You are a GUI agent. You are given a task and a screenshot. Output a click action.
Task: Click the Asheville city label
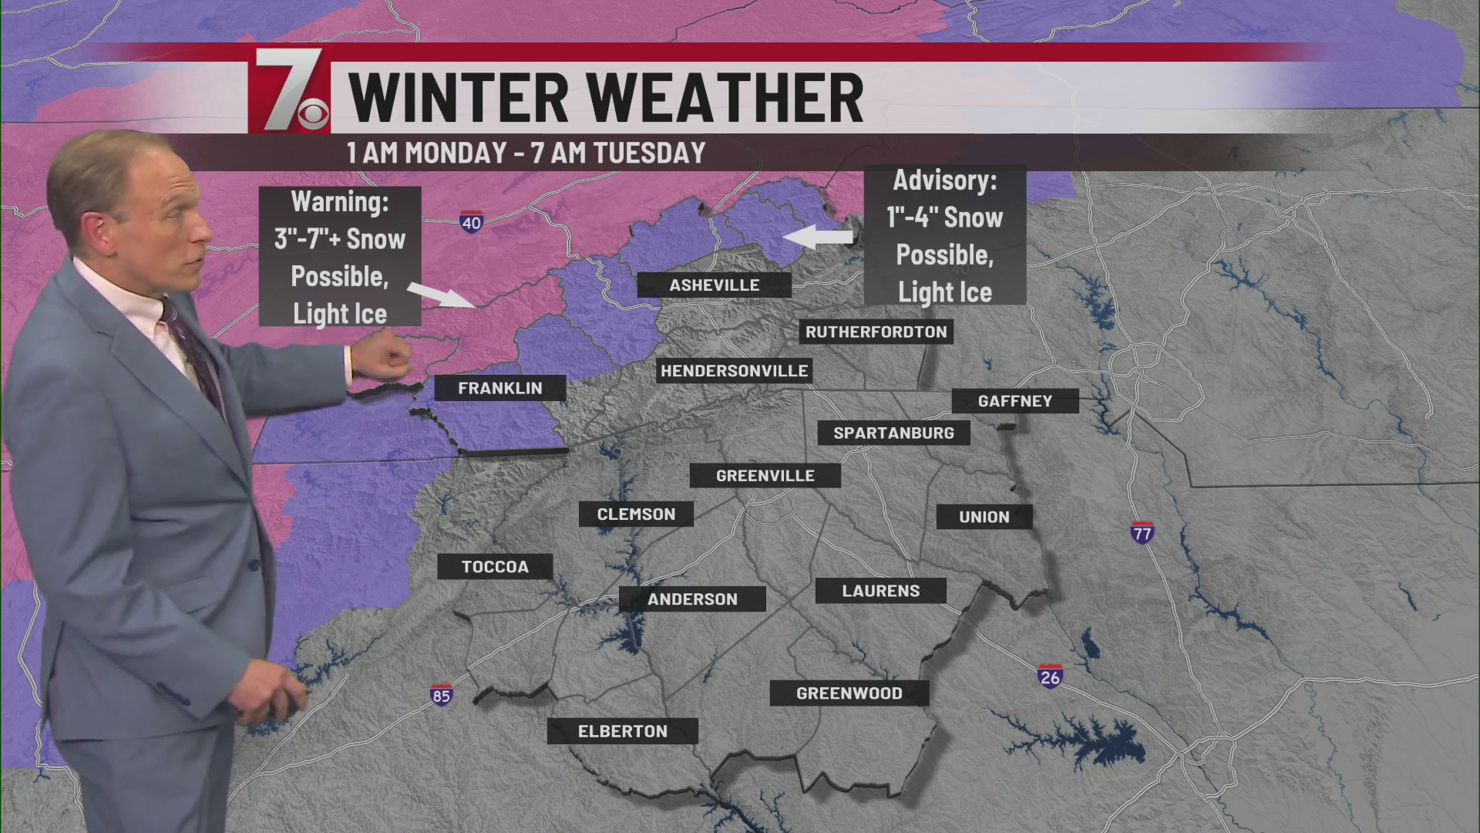pyautogui.click(x=714, y=285)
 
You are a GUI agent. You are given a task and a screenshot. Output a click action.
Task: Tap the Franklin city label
pyautogui.click(x=499, y=388)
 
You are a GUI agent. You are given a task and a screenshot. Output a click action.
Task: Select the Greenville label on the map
pyautogui.click(x=765, y=475)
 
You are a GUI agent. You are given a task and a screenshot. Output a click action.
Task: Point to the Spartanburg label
pyautogui.click(x=893, y=433)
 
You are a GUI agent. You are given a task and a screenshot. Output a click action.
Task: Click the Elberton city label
pyautogui.click(x=622, y=731)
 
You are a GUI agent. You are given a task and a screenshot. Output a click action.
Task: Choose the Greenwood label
pyautogui.click(x=849, y=693)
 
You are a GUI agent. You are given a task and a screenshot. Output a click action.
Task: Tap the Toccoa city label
pyautogui.click(x=495, y=567)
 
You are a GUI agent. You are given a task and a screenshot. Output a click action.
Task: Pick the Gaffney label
pyautogui.click(x=1014, y=400)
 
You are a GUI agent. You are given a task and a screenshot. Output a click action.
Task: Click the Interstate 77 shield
pyautogui.click(x=1142, y=532)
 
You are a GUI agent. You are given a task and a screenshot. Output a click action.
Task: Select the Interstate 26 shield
pyautogui.click(x=1050, y=676)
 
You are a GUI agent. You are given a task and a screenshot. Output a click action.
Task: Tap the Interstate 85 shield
pyautogui.click(x=441, y=695)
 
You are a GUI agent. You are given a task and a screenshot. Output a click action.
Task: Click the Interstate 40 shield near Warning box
pyautogui.click(x=471, y=222)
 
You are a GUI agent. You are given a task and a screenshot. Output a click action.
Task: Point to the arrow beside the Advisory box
pyautogui.click(x=817, y=237)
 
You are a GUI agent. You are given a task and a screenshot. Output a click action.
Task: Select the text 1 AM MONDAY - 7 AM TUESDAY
pyautogui.click(x=526, y=153)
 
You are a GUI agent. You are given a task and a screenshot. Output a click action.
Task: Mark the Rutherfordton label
pyautogui.click(x=876, y=332)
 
